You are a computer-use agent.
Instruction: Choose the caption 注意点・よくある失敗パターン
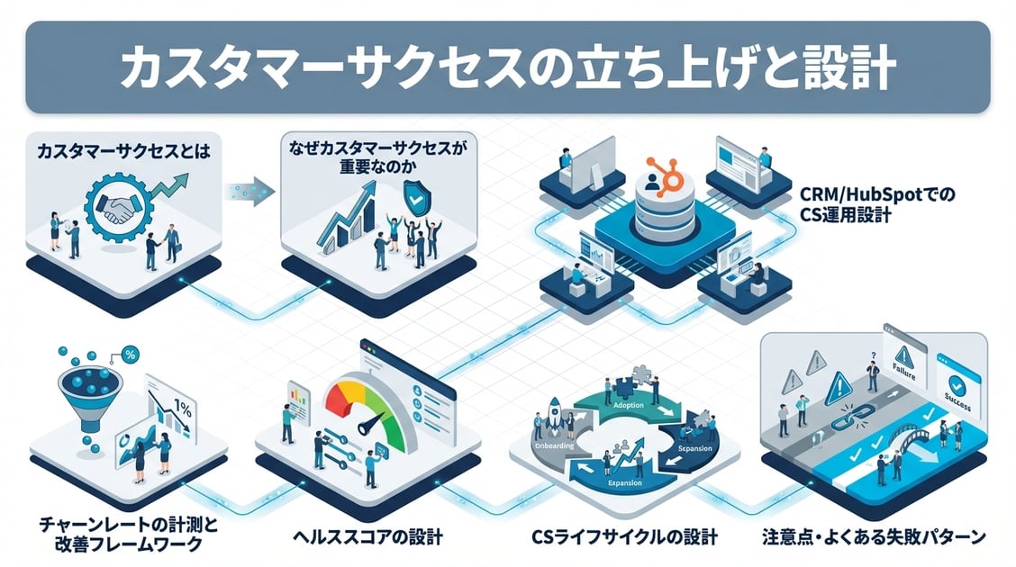coord(873,537)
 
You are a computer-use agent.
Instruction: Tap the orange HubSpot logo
coord(667,173)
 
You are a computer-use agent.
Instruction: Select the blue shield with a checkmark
coord(415,199)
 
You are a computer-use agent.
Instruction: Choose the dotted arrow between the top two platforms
coord(246,192)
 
